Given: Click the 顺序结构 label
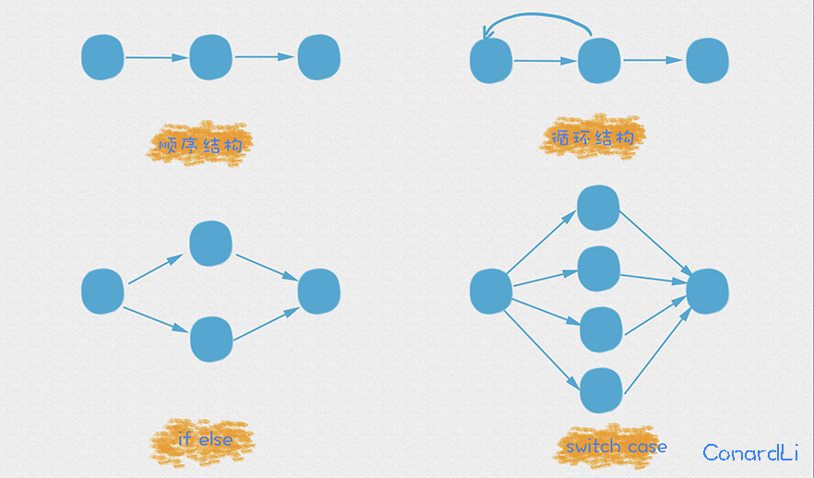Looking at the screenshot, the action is (x=199, y=144).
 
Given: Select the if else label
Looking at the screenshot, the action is (x=203, y=439).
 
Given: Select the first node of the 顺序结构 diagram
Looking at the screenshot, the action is (x=102, y=56).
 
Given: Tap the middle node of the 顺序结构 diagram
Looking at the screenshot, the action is (x=210, y=57).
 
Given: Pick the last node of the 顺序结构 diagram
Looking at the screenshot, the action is (x=319, y=56).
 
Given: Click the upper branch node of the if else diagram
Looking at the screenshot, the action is (x=210, y=242).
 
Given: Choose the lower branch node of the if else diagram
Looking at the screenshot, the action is (x=211, y=339).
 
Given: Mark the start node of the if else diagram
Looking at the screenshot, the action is (x=102, y=291).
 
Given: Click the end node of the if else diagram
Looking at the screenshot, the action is (x=319, y=291).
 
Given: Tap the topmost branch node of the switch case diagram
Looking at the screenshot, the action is (x=598, y=208).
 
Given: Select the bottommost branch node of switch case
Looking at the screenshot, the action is (x=599, y=390).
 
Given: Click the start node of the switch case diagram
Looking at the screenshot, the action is (x=491, y=292).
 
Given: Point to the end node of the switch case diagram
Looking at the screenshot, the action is (x=708, y=292).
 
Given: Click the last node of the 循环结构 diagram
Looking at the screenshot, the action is (x=708, y=61).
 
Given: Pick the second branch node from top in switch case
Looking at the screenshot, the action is (x=598, y=269).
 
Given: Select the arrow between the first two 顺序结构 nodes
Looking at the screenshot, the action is (x=156, y=57).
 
